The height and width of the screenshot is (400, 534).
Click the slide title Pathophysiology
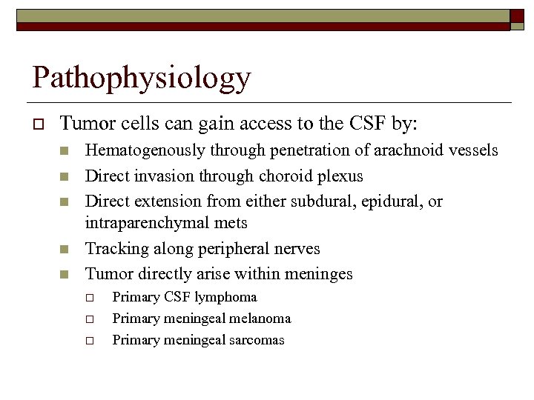(x=142, y=77)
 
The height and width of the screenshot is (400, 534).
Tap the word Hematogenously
(x=145, y=151)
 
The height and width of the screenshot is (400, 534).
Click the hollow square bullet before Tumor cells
(x=36, y=123)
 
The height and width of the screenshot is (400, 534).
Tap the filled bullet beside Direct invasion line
(x=65, y=177)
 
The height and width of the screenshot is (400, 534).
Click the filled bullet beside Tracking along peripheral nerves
(x=65, y=250)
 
